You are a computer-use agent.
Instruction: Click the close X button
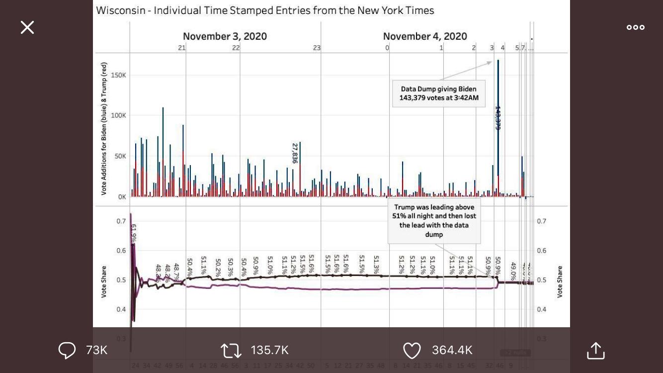click(x=27, y=27)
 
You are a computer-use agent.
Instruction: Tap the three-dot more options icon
click(x=635, y=27)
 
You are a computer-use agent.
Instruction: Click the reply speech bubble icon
click(x=67, y=350)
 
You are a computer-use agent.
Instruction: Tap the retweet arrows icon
click(x=231, y=350)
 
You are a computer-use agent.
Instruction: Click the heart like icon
click(x=412, y=350)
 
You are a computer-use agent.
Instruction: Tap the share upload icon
click(x=595, y=350)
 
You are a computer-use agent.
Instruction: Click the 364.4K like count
click(x=452, y=350)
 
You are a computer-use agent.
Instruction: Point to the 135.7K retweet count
click(x=269, y=350)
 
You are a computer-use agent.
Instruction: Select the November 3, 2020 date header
click(x=225, y=36)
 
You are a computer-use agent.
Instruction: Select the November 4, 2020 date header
click(x=425, y=36)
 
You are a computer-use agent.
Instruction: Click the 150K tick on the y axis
click(x=118, y=75)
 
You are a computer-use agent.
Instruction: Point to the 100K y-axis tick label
click(x=118, y=115)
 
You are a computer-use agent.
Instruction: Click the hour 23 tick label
click(x=317, y=48)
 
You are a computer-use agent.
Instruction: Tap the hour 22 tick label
click(x=236, y=48)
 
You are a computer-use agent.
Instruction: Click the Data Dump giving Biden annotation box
click(x=439, y=93)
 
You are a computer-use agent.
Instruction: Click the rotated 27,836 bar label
click(x=295, y=153)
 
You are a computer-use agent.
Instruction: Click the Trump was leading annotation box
click(x=434, y=220)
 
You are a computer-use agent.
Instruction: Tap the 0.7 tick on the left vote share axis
click(x=121, y=221)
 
